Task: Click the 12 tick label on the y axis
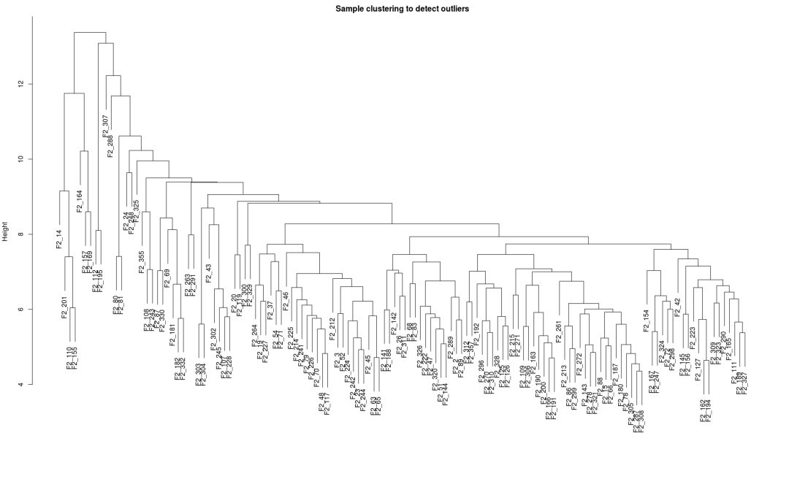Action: point(21,84)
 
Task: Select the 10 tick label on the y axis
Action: point(21,159)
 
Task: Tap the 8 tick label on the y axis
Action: point(21,234)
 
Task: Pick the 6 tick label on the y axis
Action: point(21,310)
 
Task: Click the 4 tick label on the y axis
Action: point(21,385)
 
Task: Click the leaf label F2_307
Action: point(105,126)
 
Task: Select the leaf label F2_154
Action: point(647,321)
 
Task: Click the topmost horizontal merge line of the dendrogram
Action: point(91,32)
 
